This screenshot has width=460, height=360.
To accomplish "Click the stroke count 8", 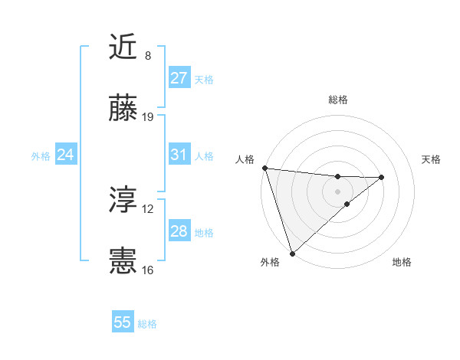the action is [x=148, y=56].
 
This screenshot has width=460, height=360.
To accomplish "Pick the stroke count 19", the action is [x=148, y=117].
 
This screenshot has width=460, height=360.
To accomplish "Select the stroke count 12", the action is [x=148, y=209].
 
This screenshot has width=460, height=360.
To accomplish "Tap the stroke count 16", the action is [x=148, y=270].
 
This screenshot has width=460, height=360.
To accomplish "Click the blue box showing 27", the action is [x=179, y=78].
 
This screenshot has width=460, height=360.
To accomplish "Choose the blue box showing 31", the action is [x=179, y=155].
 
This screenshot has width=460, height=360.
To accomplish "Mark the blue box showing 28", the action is [x=179, y=231].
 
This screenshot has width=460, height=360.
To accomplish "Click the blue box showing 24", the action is [x=66, y=155].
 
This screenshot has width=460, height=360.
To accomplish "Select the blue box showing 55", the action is [x=123, y=322].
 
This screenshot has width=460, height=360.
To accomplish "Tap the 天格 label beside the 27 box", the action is [x=204, y=79].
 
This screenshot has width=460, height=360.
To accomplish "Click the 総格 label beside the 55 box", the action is [x=147, y=324].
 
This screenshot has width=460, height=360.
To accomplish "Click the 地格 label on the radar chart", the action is [x=402, y=262].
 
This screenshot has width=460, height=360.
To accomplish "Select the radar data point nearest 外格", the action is [x=291, y=253].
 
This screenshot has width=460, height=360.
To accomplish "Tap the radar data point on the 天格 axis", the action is [x=382, y=177].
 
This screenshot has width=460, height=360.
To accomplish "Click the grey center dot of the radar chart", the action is [x=337, y=190].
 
